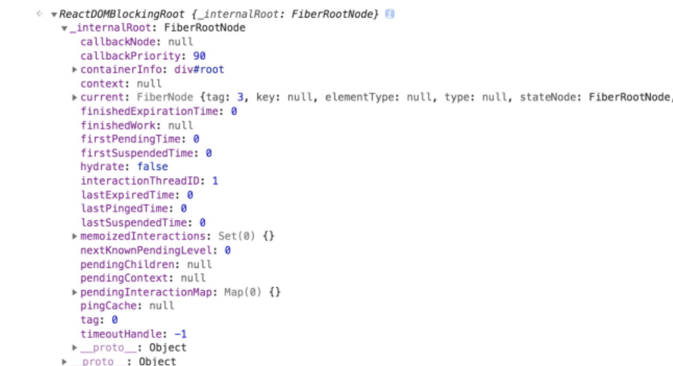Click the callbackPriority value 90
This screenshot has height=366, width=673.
(199, 56)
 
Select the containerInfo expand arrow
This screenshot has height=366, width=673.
(75, 69)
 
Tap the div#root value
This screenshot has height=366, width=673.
(199, 69)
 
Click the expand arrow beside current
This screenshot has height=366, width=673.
(75, 97)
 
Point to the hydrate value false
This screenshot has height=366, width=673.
(152, 166)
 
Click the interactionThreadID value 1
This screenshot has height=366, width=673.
(215, 181)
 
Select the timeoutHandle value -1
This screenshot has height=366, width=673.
(180, 334)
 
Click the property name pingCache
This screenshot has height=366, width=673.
(111, 306)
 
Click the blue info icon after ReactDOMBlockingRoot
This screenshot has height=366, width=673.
(390, 14)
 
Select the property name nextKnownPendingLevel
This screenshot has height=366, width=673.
(149, 250)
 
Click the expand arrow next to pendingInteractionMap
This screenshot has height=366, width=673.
(75, 292)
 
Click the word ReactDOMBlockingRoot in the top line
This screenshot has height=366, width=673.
(122, 14)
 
